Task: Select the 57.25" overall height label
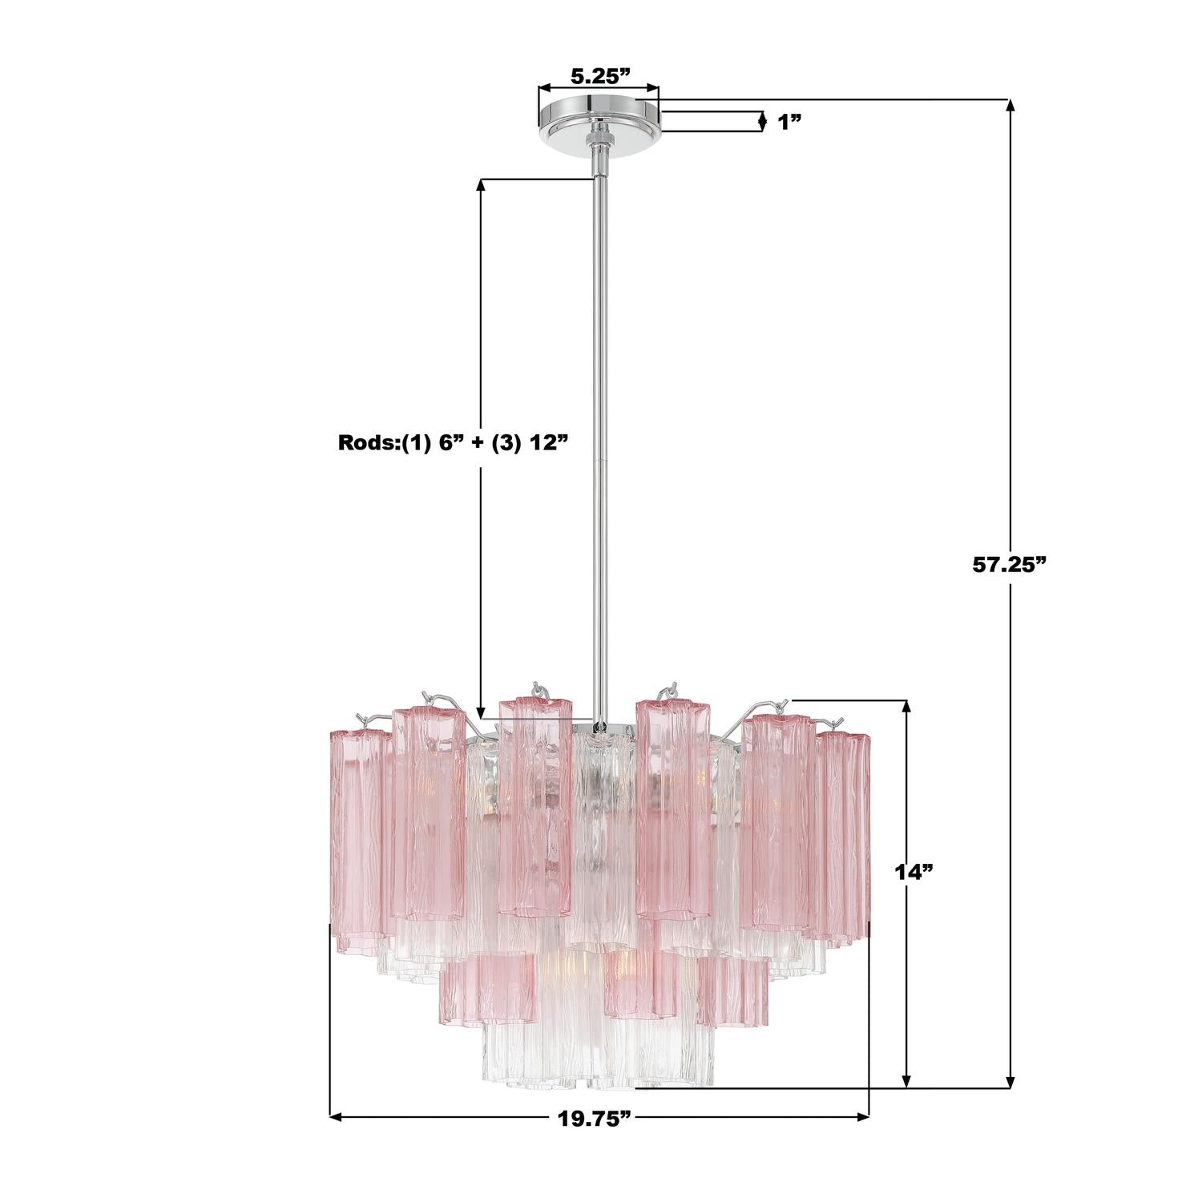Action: pos(1010,564)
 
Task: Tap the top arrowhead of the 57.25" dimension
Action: pos(1010,107)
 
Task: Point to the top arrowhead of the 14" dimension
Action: pos(906,707)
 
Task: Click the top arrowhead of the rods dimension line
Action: pos(481,184)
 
